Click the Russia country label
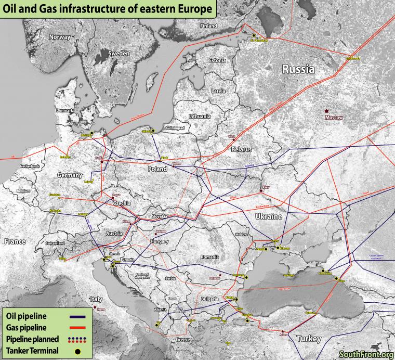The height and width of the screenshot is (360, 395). [x=298, y=68]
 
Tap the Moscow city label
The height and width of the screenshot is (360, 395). [x=334, y=118]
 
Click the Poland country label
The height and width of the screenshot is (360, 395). [x=157, y=169]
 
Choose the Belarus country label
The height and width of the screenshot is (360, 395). [x=241, y=149]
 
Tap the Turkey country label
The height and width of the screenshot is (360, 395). [x=309, y=339]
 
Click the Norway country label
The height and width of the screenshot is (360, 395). [x=59, y=37]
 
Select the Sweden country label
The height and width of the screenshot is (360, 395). [x=118, y=54]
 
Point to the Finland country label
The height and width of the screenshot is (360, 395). [x=209, y=25]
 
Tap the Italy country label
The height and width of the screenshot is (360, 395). [x=97, y=299]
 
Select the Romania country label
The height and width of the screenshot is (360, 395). [x=210, y=257]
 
